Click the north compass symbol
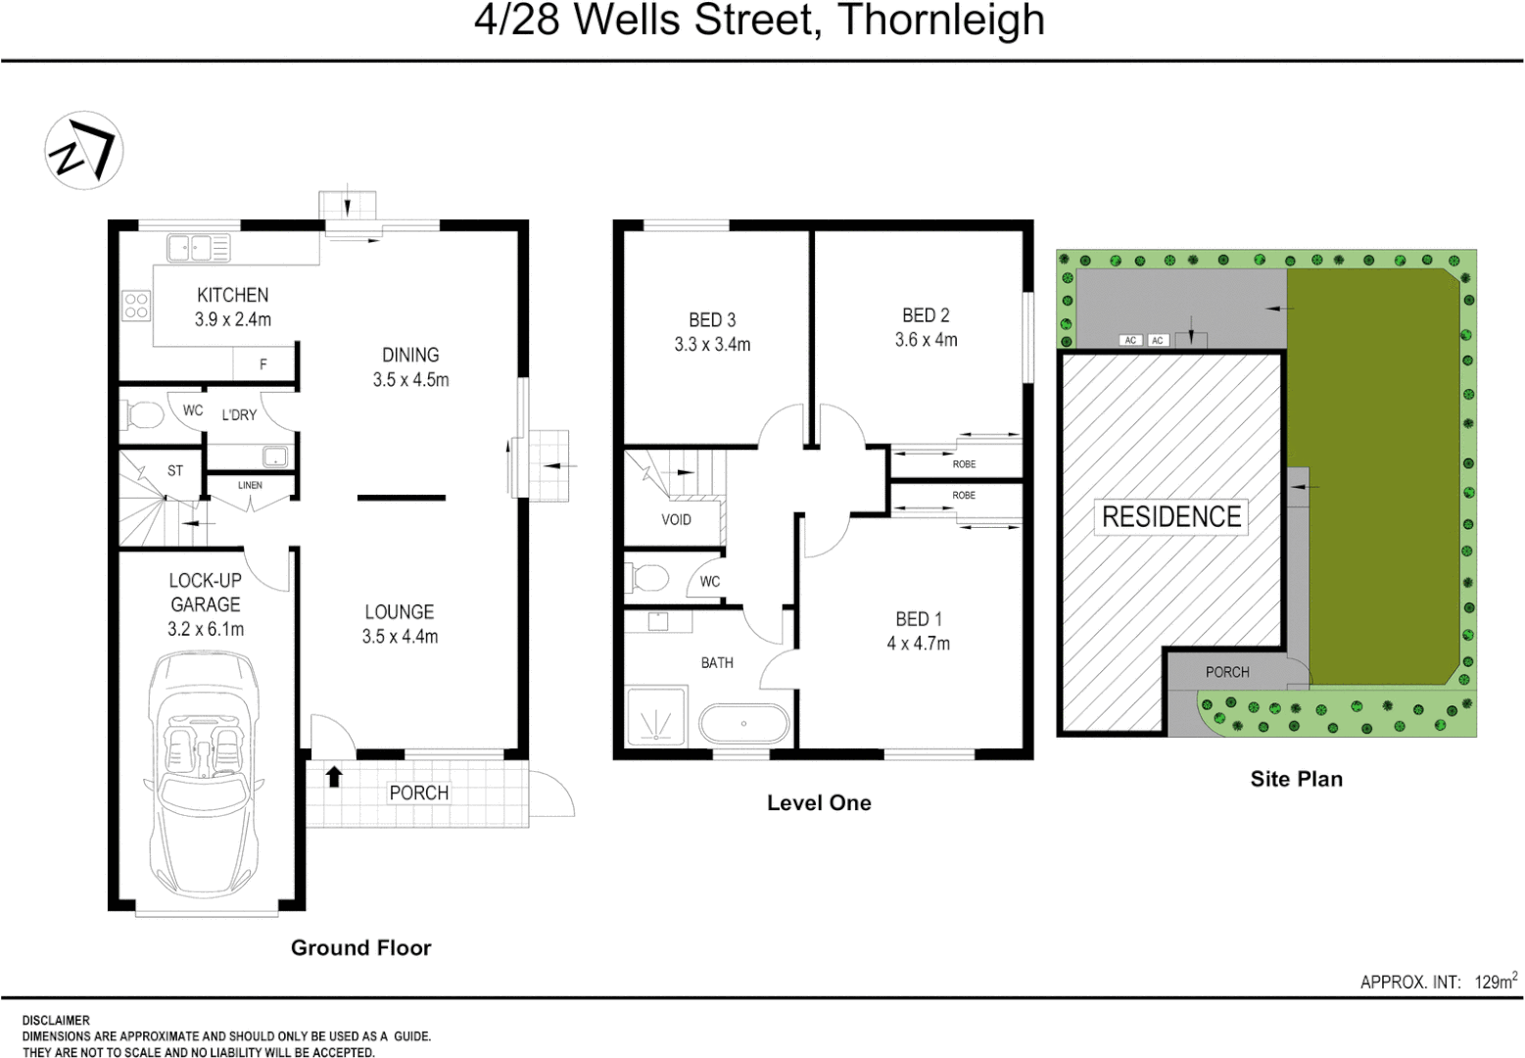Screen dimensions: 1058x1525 [83, 149]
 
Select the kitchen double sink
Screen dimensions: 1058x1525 [198, 248]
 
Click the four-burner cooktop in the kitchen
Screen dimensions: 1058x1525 [136, 306]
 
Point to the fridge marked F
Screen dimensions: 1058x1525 [263, 364]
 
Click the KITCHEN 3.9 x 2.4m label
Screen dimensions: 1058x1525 [233, 307]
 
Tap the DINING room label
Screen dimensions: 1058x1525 [410, 355]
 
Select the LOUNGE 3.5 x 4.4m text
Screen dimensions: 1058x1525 [400, 624]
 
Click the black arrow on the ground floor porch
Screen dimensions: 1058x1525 [334, 777]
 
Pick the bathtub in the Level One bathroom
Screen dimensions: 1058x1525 [743, 724]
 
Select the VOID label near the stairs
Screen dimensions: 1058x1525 [676, 519]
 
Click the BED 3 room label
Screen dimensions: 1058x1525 [712, 320]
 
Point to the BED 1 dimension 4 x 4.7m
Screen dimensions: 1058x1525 [918, 644]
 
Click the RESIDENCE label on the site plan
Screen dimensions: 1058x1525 [1170, 516]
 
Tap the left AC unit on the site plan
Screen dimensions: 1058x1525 [1130, 340]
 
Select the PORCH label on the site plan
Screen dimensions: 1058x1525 [1227, 672]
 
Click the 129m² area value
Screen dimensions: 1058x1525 [1496, 981]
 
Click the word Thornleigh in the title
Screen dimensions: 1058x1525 [941, 20]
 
